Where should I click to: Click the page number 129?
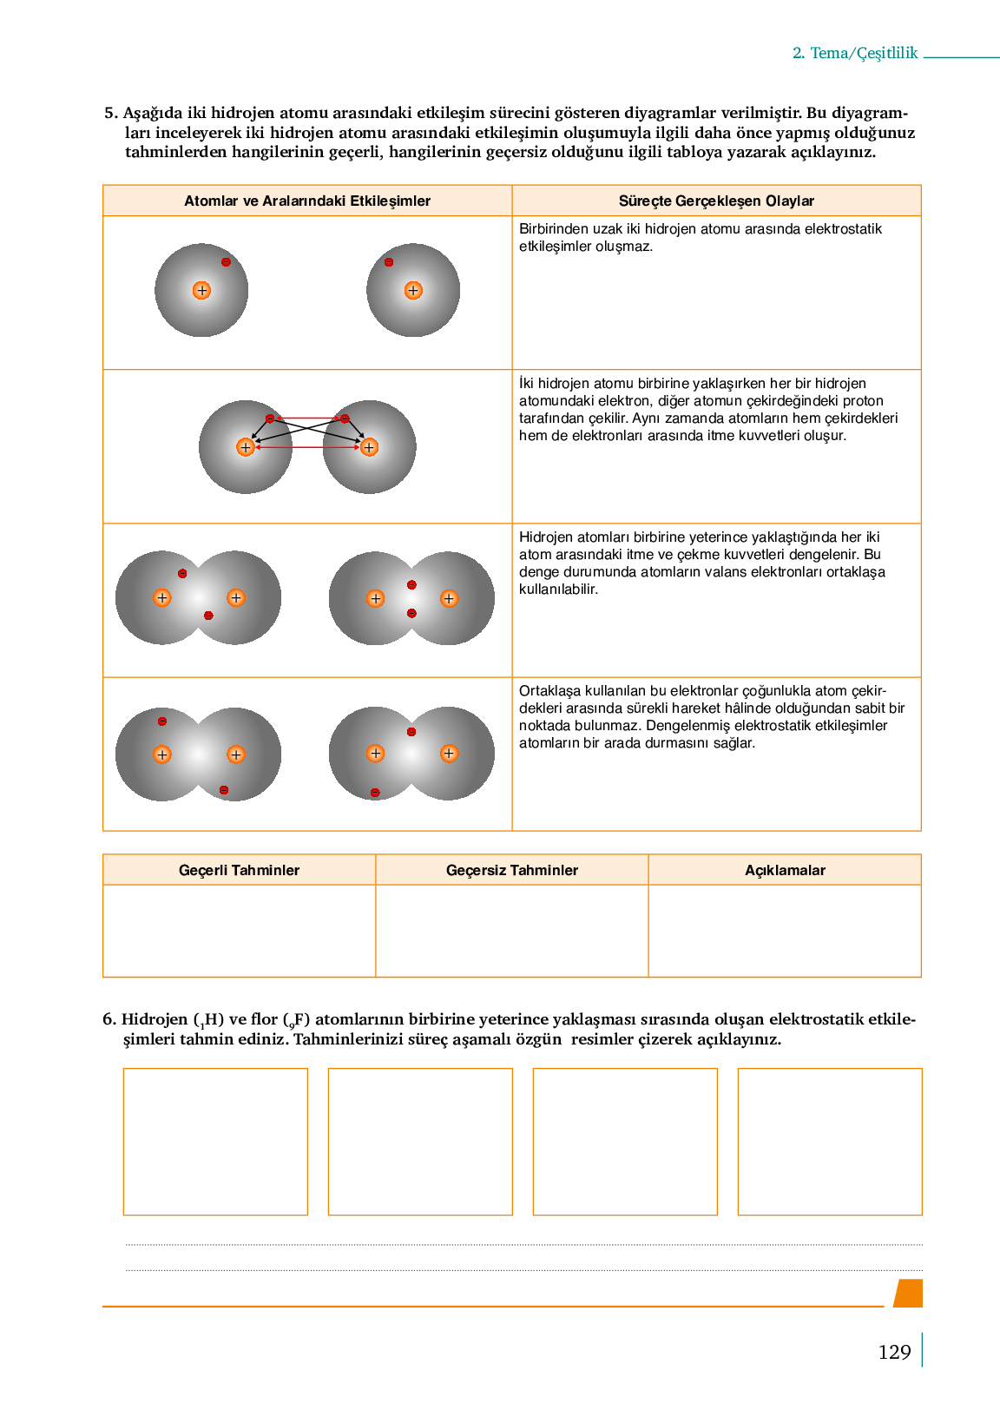pyautogui.click(x=894, y=1352)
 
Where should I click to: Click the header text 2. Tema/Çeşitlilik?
pyautogui.click(x=855, y=53)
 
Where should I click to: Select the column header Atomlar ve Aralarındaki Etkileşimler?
pyautogui.click(x=307, y=201)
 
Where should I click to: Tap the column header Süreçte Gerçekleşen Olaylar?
pyautogui.click(x=716, y=201)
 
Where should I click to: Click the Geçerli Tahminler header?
pyautogui.click(x=239, y=870)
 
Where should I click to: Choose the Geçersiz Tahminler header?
pyautogui.click(x=512, y=870)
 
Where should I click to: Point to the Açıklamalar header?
pyautogui.click(x=785, y=870)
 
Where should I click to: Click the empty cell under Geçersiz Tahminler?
pyautogui.click(x=512, y=931)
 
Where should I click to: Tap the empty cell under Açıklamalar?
pyautogui.click(x=785, y=931)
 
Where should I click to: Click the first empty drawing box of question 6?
pyautogui.click(x=215, y=1142)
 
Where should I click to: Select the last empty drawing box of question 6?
pyautogui.click(x=830, y=1142)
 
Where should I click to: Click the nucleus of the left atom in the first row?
pyautogui.click(x=201, y=291)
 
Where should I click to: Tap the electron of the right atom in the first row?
pyautogui.click(x=389, y=262)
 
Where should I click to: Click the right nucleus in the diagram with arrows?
pyautogui.click(x=369, y=447)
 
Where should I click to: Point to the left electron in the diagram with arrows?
pyautogui.click(x=270, y=418)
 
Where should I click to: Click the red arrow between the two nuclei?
pyautogui.click(x=307, y=448)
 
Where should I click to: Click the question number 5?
pyautogui.click(x=110, y=113)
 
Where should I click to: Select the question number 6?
pyautogui.click(x=109, y=1019)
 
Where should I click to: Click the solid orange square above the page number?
pyautogui.click(x=908, y=1293)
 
